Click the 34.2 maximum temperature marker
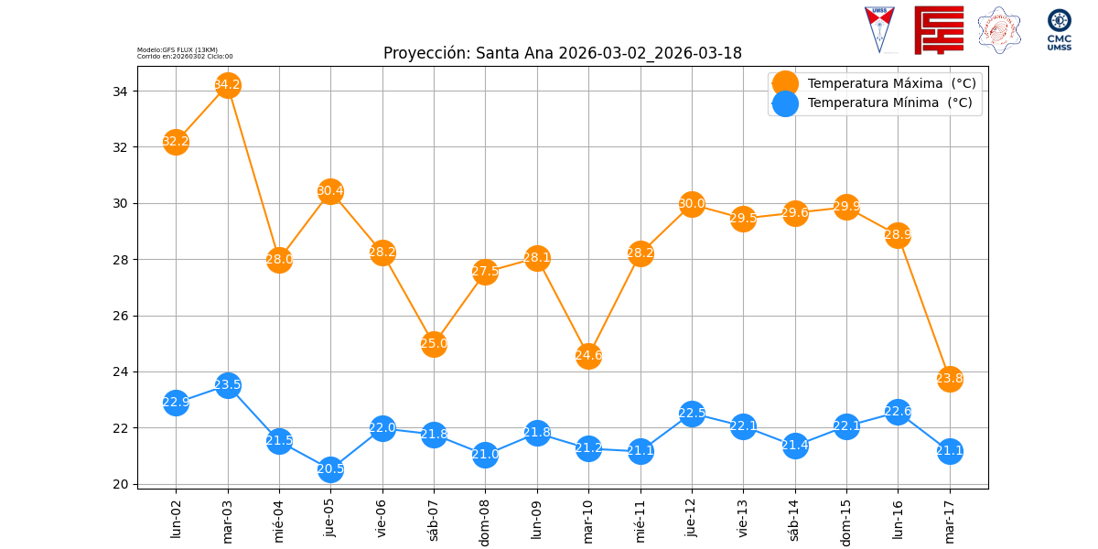(228, 85)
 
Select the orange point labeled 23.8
(950, 378)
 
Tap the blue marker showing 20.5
(330, 469)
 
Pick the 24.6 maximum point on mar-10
(588, 355)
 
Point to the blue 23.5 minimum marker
(228, 384)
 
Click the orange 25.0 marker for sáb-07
(434, 344)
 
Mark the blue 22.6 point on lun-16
(898, 411)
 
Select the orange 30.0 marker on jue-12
(692, 204)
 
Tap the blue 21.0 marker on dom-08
(485, 455)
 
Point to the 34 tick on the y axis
(122, 91)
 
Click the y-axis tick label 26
(122, 316)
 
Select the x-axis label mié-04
(280, 521)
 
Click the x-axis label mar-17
(950, 521)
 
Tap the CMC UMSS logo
(1060, 30)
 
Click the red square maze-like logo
(939, 29)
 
